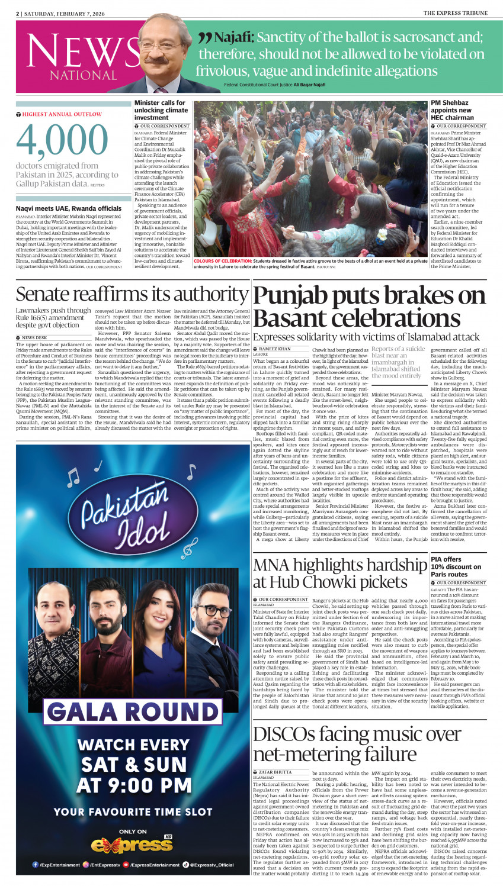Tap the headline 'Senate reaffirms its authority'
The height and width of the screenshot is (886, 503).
tap(132, 294)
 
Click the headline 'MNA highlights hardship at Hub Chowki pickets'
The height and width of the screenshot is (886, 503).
tap(339, 573)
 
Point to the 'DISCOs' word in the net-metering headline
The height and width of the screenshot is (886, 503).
tap(284, 734)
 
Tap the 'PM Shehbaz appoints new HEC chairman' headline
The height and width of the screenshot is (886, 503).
tap(451, 110)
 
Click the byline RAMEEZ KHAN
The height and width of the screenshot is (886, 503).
tap(275, 349)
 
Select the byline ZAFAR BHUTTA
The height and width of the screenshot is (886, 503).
tap(275, 772)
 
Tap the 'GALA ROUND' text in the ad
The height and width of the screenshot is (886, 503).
tap(133, 712)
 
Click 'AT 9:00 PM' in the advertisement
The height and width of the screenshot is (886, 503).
tap(134, 785)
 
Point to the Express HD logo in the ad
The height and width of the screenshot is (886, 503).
tap(136, 845)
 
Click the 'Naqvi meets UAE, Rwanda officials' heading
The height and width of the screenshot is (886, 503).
tap(68, 208)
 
